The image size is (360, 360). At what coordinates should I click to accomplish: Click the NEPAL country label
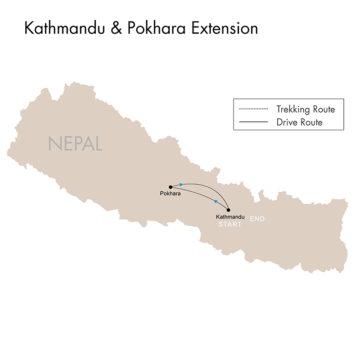[75, 144]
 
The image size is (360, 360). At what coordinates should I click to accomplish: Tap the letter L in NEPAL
[97, 144]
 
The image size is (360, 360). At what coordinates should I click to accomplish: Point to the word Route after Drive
[311, 122]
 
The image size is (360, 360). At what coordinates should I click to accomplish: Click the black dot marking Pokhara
[170, 187]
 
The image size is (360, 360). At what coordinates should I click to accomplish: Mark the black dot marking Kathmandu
[229, 210]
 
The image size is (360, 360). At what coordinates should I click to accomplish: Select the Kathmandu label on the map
[230, 217]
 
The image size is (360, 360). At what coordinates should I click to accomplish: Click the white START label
[230, 224]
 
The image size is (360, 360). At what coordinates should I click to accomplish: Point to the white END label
[257, 219]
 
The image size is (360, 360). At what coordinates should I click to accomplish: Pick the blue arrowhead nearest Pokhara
[181, 184]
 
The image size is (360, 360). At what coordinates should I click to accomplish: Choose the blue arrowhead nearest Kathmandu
[216, 201]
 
